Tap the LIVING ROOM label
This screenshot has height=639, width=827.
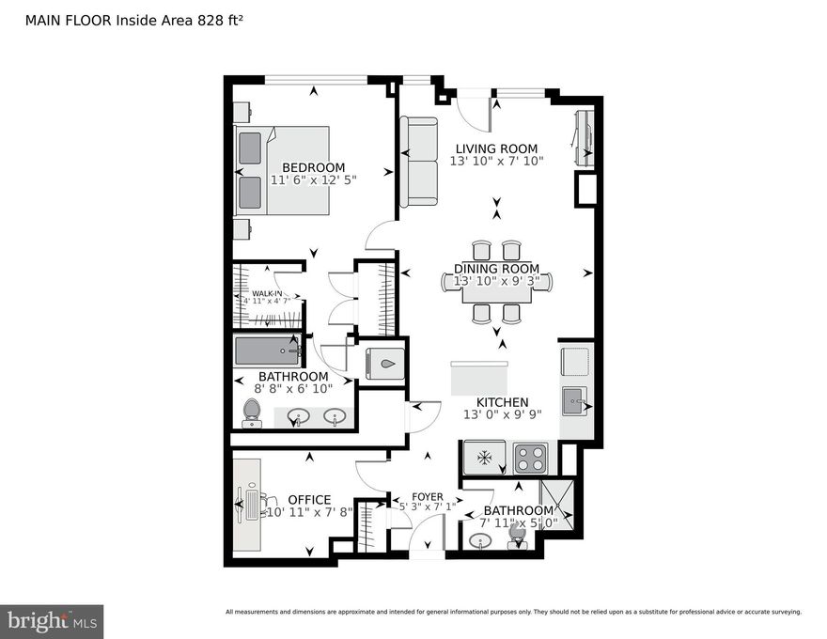pos(496,148)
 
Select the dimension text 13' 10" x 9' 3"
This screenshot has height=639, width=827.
pos(496,281)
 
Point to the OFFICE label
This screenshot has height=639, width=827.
pos(309,500)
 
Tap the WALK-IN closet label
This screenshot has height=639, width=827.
pos(267,294)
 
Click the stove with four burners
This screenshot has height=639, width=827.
pos(530,459)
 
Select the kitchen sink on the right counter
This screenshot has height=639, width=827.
pos(572,402)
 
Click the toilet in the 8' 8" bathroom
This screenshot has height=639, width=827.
pos(251,412)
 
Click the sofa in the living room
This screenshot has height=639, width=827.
pos(418,162)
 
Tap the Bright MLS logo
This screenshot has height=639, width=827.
pos(52,621)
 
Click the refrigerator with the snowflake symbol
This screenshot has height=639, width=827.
pos(485,459)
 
